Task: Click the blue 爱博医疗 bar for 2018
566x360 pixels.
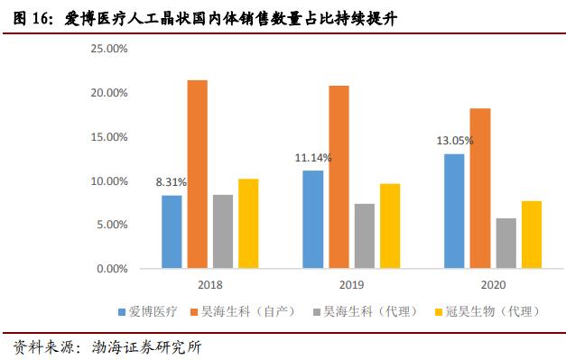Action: click(172, 232)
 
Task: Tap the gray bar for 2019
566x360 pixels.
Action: click(339, 235)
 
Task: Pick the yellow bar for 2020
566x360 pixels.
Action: click(506, 235)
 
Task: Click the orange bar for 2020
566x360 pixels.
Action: click(480, 189)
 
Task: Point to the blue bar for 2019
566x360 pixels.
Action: click(313, 219)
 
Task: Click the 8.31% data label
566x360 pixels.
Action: click(172, 183)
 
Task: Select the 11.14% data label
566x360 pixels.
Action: click(313, 158)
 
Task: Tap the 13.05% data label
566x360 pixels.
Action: click(454, 141)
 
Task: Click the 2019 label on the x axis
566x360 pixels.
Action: click(351, 285)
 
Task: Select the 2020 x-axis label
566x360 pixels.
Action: click(493, 285)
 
